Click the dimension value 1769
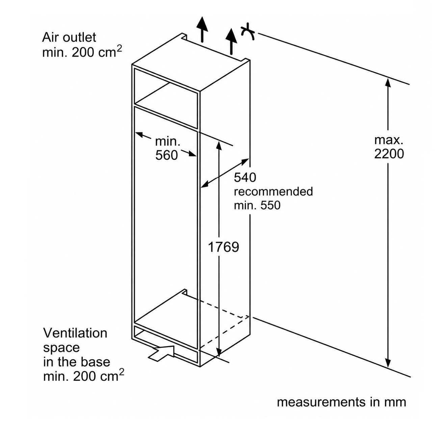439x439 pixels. [224, 247]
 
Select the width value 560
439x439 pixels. [166, 155]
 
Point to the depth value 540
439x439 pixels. [245, 177]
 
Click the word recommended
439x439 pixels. [274, 191]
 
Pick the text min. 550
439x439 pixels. [257, 205]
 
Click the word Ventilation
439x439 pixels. [75, 333]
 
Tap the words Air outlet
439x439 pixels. [69, 37]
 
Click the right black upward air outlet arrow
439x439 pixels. [231, 42]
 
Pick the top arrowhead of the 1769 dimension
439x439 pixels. [219, 146]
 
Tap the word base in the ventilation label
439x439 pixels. [97, 362]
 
